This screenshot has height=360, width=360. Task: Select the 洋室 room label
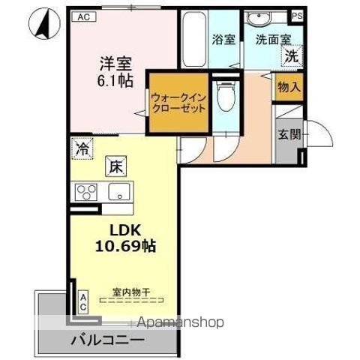click(117, 64)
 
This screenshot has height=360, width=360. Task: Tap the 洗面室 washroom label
click(268, 39)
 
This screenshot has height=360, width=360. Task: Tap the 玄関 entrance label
click(289, 135)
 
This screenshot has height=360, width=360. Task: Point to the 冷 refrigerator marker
click(81, 149)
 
